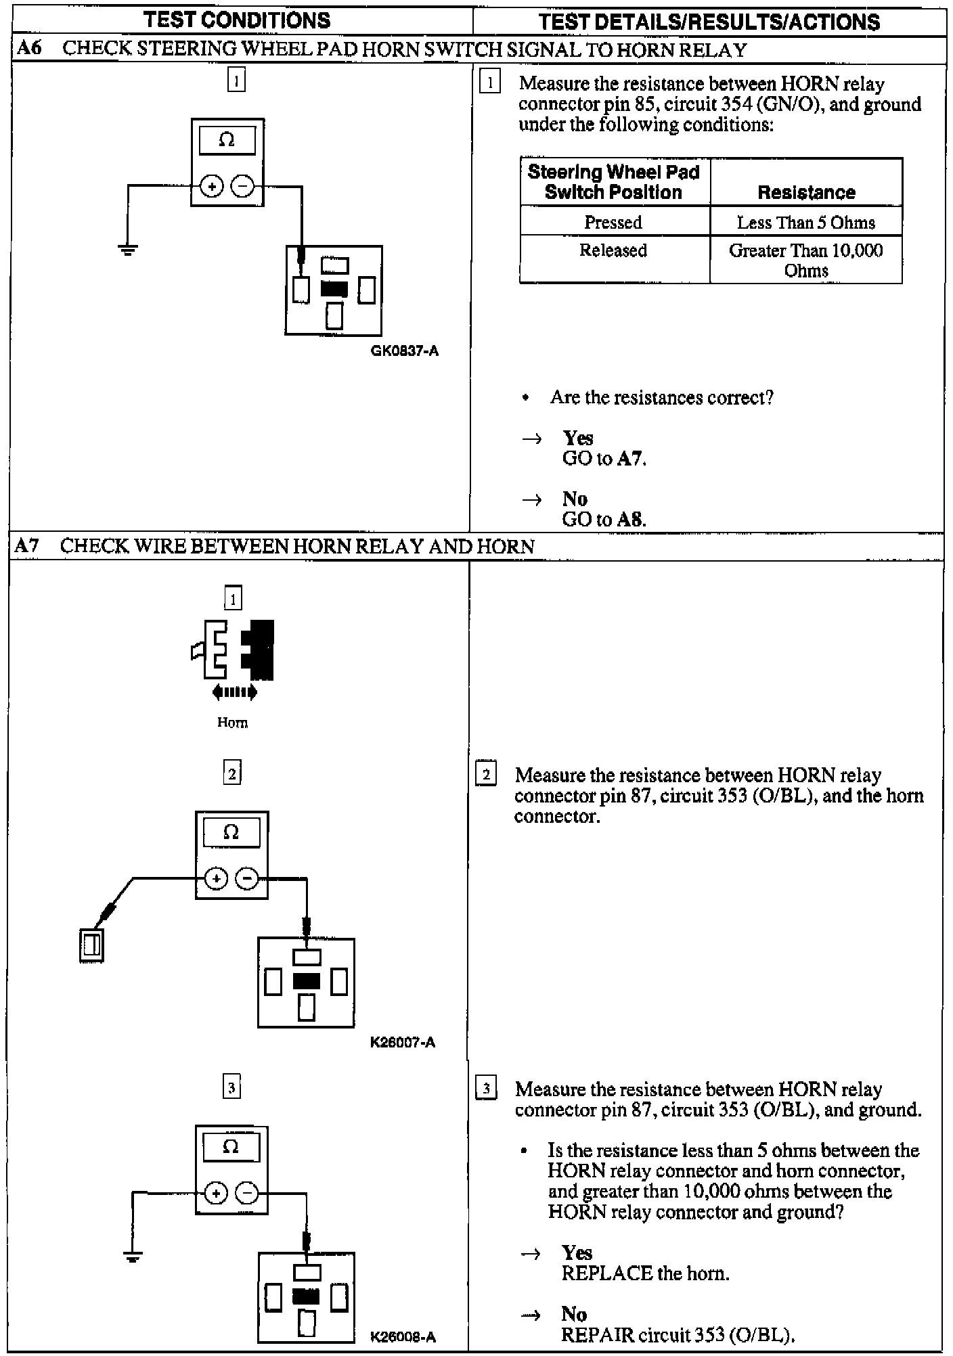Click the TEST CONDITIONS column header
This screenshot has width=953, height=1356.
point(237,20)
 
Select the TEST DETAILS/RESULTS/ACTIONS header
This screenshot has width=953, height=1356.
point(709,22)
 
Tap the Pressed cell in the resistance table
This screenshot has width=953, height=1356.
point(613,222)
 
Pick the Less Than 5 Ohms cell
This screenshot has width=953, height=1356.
point(805,222)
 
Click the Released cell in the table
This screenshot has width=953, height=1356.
point(613,250)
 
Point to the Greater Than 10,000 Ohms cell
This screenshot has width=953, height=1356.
point(805,261)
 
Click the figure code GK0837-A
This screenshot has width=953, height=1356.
point(405,351)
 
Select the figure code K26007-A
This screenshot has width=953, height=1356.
point(403,1042)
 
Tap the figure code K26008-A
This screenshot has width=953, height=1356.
point(403,1337)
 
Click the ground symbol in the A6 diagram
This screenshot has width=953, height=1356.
point(128,250)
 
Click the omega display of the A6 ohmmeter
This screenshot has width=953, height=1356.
point(227,141)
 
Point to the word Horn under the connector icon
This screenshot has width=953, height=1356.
point(232,723)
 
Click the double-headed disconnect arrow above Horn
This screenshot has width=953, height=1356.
point(234,692)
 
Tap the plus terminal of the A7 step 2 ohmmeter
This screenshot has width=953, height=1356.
point(216,879)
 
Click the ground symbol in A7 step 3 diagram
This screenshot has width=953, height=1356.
point(133,1257)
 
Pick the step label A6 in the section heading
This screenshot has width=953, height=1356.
point(28,49)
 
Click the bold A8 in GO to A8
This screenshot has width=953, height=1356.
point(630,520)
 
